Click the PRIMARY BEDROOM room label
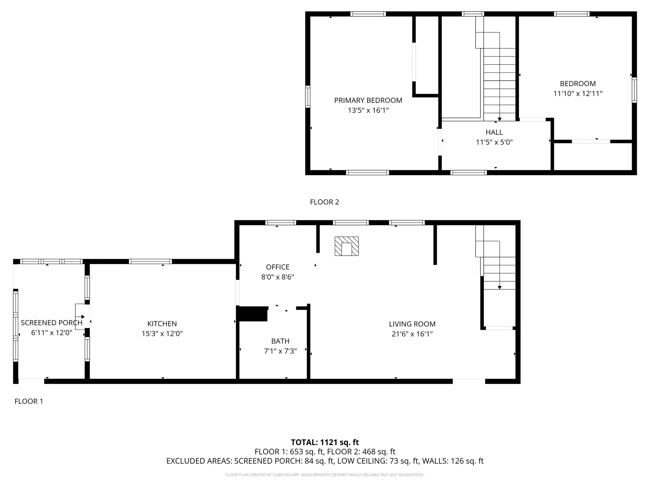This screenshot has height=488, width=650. click(x=368, y=100)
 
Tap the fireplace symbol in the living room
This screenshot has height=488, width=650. click(x=346, y=246)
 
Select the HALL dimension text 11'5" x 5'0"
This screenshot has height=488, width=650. click(x=494, y=142)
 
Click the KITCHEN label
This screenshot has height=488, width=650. click(x=162, y=324)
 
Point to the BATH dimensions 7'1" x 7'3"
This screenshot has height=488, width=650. click(x=280, y=351)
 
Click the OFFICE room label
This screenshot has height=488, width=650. click(x=278, y=267)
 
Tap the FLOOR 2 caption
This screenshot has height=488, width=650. click(x=324, y=202)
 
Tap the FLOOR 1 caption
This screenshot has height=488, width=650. click(x=29, y=401)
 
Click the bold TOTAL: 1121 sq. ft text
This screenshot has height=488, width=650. click(x=325, y=442)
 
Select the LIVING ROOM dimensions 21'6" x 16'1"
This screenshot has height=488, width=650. click(x=412, y=334)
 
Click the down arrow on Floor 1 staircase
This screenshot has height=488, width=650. click(x=499, y=287)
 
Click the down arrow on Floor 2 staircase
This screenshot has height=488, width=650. click(x=499, y=119)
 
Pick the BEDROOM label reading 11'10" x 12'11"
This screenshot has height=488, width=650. click(x=578, y=94)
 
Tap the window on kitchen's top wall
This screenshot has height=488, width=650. click(x=150, y=261)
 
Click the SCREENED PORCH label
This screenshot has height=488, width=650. click(x=51, y=323)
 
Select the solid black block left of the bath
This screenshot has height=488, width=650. click(x=252, y=314)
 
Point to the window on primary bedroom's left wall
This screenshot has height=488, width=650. click(x=307, y=97)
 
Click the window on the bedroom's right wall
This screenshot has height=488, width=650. click(x=634, y=90)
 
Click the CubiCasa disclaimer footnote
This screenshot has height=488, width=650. click(x=325, y=475)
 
